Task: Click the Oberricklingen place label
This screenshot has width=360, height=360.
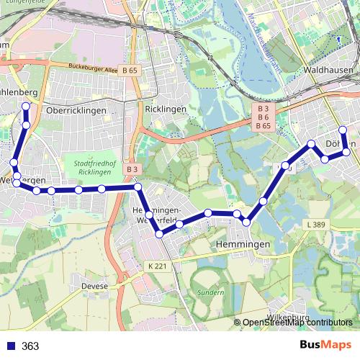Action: (76, 111)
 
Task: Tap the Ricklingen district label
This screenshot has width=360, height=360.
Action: (166, 109)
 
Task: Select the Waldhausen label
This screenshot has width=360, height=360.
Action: (328, 70)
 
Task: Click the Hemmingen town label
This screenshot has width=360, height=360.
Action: (243, 245)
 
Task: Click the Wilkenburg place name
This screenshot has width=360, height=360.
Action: (287, 317)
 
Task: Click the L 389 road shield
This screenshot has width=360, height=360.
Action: (316, 225)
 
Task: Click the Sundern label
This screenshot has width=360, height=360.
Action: (211, 293)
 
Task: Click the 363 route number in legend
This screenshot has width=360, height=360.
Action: (30, 346)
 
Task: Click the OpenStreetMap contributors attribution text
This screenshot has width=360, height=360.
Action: (297, 323)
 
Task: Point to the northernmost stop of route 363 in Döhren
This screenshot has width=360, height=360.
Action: (343, 130)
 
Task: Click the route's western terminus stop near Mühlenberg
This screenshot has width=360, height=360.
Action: (26, 107)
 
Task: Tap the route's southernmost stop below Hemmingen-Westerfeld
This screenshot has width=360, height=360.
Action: (160, 232)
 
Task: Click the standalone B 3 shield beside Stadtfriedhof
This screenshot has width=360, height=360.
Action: (131, 168)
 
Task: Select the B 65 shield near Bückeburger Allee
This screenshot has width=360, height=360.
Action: (130, 71)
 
